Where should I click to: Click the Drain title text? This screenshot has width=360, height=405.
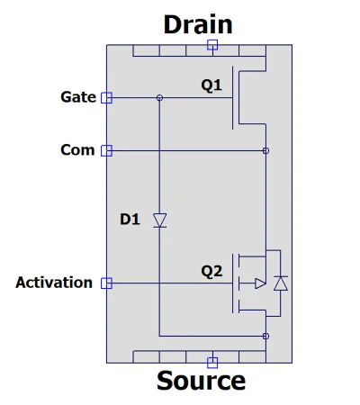click(198, 24)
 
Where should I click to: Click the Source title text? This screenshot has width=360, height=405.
click(201, 381)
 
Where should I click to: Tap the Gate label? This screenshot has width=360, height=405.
click(78, 97)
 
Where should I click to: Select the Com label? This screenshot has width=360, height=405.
click(77, 150)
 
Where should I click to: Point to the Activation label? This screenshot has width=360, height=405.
click(54, 283)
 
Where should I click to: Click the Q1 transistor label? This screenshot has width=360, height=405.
click(211, 85)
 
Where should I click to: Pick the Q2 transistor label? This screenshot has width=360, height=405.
click(211, 272)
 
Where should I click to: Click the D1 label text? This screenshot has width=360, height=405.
click(130, 220)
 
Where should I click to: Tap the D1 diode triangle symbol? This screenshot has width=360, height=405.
click(159, 220)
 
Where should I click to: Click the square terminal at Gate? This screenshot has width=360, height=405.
click(106, 98)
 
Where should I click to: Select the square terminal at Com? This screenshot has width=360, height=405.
click(106, 150)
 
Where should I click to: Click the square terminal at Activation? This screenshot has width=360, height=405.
click(106, 283)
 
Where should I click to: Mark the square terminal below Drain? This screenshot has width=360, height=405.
click(212, 45)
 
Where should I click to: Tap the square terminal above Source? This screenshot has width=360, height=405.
click(212, 363)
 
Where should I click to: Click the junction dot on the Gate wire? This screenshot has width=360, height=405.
click(159, 98)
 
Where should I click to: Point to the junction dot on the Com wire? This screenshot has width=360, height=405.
click(265, 150)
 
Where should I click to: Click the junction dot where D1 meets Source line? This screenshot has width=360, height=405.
click(265, 336)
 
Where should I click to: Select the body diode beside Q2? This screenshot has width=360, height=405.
click(281, 283)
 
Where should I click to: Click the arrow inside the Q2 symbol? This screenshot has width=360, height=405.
click(260, 283)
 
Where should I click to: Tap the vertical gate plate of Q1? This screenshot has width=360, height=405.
click(232, 98)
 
